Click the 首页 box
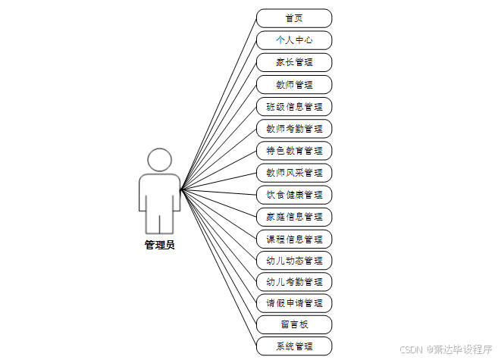coord(294,18)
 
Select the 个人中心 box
coord(294,40)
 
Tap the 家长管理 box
coord(294,62)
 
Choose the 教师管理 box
coord(294,84)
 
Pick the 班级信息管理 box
coord(294,106)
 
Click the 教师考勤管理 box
coord(294,128)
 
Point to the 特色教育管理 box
coord(294,150)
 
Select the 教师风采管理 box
coord(294,172)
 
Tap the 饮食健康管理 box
coord(294,194)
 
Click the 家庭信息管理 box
coord(294,216)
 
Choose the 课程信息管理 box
coord(294,238)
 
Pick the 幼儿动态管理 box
coord(294,260)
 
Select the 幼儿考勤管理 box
coord(294,282)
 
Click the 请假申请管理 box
coord(294,303)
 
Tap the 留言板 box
coord(294,325)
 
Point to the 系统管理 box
coord(294,347)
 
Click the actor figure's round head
coord(159,160)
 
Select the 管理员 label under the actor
coord(159,245)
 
